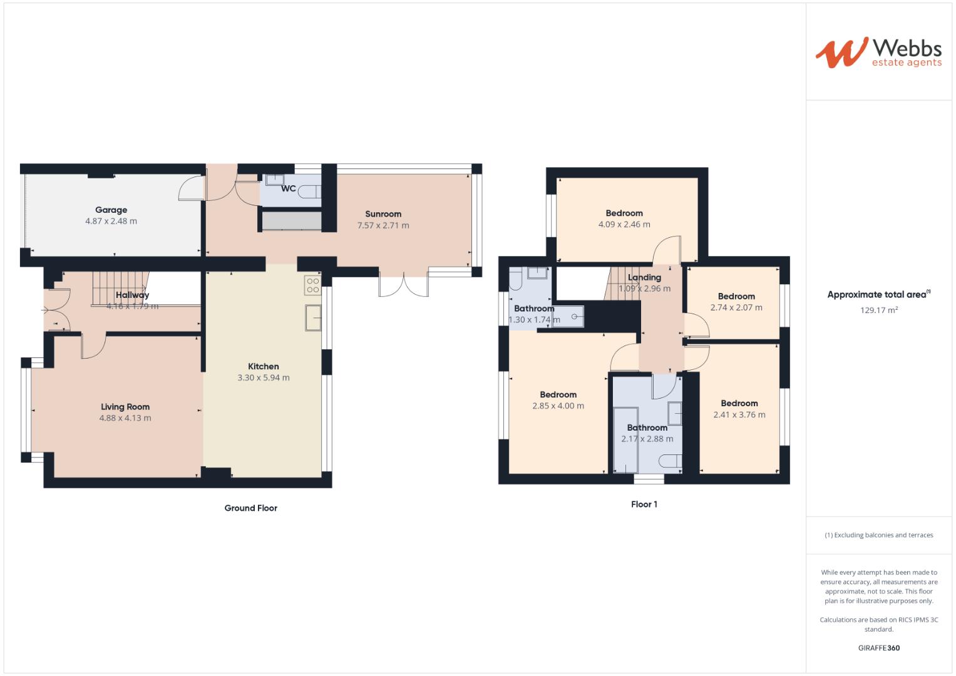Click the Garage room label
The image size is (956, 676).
111,210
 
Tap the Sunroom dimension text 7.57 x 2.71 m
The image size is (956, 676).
383,225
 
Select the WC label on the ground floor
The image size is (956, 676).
288,188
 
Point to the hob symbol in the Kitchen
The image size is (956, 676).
312,285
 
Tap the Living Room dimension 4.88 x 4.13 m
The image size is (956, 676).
125,418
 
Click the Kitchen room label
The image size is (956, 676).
264,367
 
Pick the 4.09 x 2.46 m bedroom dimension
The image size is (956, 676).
624,224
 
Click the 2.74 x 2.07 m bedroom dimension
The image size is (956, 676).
736,307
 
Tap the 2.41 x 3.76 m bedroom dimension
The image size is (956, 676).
739,414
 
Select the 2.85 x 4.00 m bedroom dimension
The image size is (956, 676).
558,406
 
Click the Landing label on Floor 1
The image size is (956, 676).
644,277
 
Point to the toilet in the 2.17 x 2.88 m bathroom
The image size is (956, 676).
671,461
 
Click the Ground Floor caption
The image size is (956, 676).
250,508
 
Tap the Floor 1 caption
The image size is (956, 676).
644,504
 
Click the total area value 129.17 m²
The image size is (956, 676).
879,310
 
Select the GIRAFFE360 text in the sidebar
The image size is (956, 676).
879,648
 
